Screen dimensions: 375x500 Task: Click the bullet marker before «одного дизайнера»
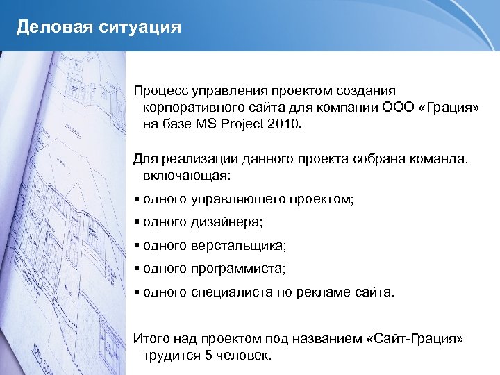pos(137,223)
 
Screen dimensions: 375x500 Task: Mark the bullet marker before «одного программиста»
pos(137,269)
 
